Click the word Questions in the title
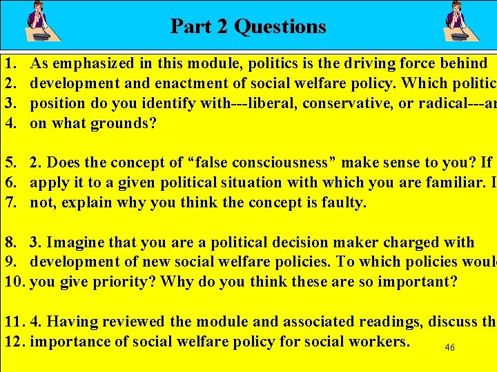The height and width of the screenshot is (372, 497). click(280, 26)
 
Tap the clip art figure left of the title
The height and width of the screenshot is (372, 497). click(42, 22)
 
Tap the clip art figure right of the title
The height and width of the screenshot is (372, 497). click(462, 22)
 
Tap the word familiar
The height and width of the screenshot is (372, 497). click(427, 183)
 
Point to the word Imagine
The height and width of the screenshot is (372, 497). click(74, 242)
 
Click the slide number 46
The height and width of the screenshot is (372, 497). click(449, 348)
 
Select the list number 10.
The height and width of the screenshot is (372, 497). click(14, 282)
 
